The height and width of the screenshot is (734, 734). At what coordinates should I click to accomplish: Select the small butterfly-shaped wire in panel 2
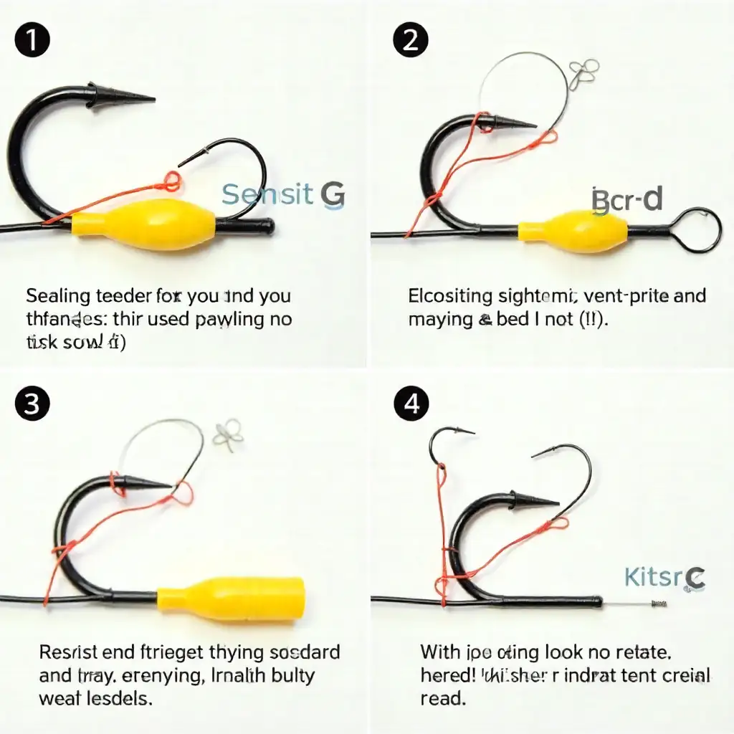[583, 74]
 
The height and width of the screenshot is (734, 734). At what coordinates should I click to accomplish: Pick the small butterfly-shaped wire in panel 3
[229, 435]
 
